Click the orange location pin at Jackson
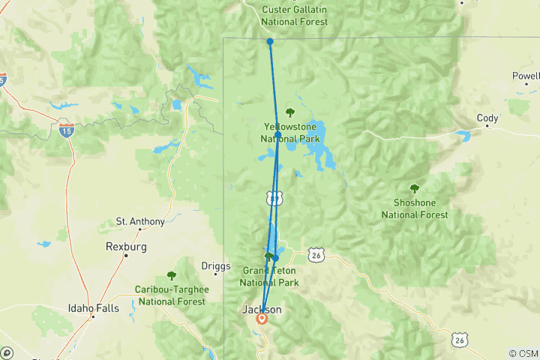coord(262,318)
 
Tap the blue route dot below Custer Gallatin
coord(270,42)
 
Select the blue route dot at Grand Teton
coord(275,258)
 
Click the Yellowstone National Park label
coord(290,133)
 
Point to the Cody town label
coord(487,118)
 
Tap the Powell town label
coord(526,76)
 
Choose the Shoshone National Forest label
coord(415,209)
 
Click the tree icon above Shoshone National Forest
coord(414,188)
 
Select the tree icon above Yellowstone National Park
coord(290,112)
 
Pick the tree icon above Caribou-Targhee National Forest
coord(171,275)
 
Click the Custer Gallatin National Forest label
coord(295,16)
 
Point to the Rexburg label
coord(125,246)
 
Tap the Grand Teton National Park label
coord(268,277)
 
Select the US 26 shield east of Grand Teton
coord(317,255)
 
